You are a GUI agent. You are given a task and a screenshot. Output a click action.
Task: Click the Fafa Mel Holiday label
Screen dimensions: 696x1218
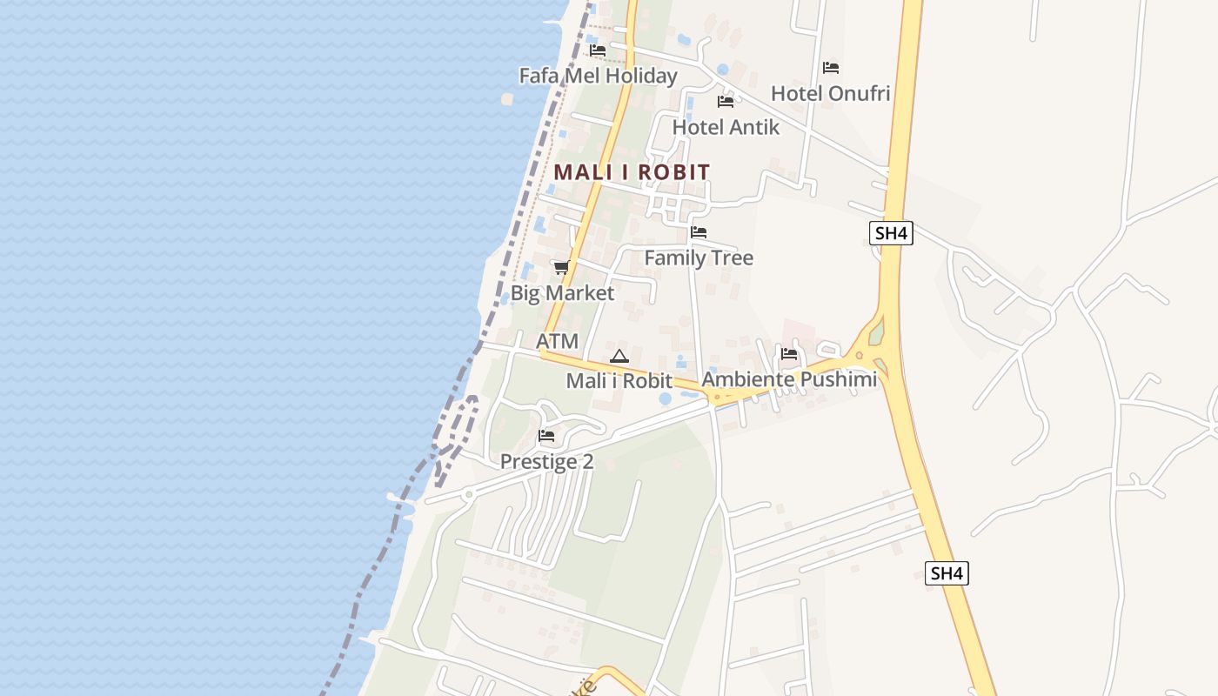click(598, 76)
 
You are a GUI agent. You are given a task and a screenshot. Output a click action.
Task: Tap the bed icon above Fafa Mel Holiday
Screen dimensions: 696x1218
click(597, 50)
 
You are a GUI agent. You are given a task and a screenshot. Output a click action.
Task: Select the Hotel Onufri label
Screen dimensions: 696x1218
click(830, 93)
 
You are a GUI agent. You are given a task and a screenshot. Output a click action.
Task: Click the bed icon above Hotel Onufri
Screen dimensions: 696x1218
click(831, 68)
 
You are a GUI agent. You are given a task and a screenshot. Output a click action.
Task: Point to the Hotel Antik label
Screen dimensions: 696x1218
click(726, 127)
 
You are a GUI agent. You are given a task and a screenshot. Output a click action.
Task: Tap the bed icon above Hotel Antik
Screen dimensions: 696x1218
click(726, 102)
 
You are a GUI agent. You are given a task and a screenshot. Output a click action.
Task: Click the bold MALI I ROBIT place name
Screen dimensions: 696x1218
click(632, 172)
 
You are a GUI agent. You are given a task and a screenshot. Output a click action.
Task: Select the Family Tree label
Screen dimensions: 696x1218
click(698, 258)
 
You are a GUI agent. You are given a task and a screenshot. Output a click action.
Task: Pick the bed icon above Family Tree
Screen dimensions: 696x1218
click(698, 232)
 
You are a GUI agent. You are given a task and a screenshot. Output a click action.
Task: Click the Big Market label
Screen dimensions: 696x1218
click(562, 293)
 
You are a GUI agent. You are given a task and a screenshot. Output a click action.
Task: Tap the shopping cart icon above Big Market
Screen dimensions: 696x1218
click(561, 267)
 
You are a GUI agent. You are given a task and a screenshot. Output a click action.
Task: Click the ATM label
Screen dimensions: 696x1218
click(557, 341)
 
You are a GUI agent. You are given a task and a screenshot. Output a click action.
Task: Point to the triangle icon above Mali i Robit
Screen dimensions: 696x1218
click(619, 356)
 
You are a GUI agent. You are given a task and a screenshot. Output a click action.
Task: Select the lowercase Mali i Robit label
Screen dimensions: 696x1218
click(619, 381)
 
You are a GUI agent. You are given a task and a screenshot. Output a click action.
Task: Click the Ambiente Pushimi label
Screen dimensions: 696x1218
click(789, 379)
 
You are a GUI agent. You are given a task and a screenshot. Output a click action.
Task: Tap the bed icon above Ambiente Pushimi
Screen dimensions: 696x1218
click(789, 354)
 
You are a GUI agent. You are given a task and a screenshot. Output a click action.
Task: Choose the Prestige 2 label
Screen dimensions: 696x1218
click(546, 462)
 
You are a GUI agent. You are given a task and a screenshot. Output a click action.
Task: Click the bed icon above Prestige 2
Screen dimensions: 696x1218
click(546, 436)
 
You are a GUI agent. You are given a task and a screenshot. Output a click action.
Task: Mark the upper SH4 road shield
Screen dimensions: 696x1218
click(891, 232)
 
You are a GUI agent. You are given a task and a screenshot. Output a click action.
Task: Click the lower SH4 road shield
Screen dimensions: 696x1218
click(947, 573)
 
